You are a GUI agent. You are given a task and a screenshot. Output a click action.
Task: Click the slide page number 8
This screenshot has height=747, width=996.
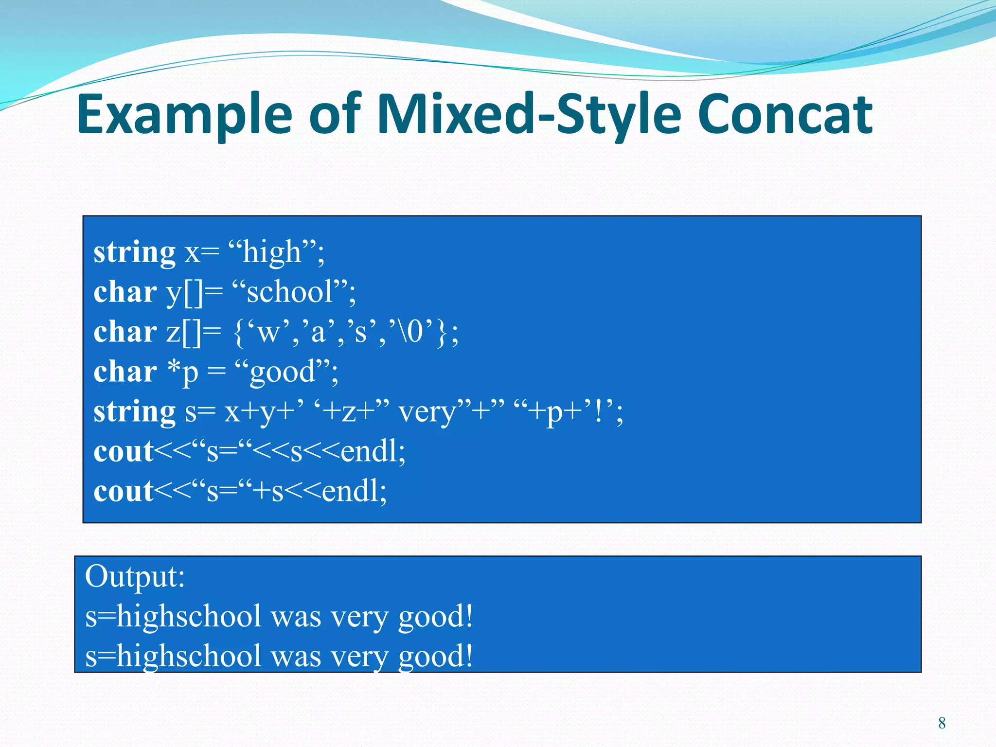tap(942, 723)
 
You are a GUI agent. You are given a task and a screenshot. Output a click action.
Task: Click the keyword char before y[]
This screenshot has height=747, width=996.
tap(125, 292)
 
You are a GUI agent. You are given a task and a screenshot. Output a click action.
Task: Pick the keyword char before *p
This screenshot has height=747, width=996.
tap(125, 372)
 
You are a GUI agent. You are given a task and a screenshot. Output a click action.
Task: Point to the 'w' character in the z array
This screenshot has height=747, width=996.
tap(267, 332)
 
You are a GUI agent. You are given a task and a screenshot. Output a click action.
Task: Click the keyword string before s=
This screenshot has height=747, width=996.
tap(134, 412)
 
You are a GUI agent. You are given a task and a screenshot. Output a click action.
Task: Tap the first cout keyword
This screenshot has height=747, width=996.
tap(124, 452)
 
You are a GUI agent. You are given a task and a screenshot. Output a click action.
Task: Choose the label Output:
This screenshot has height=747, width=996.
tap(135, 576)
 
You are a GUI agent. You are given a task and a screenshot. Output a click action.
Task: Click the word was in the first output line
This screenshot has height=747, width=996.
tap(296, 617)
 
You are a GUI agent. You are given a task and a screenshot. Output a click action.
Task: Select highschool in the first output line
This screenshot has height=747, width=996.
tap(190, 617)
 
